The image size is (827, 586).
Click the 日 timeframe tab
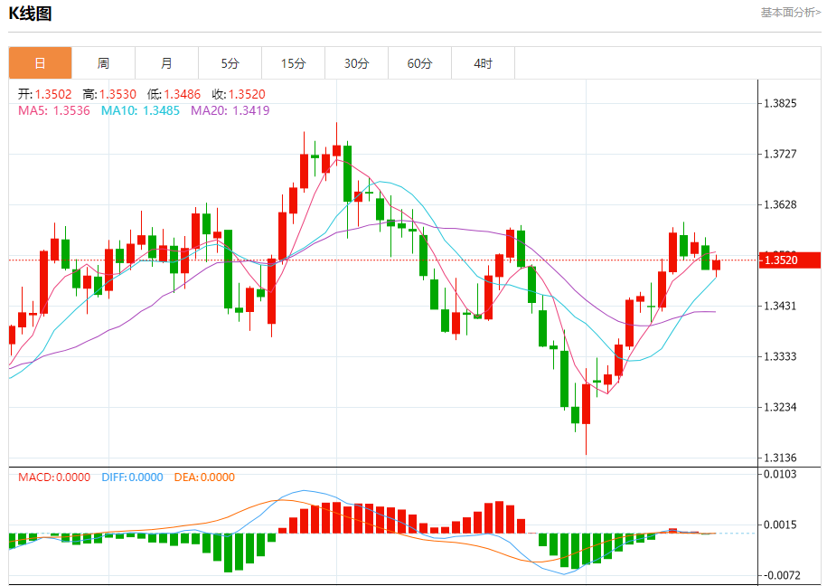tap(40, 63)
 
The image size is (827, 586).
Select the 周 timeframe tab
tap(103, 63)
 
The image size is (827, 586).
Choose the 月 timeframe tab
tap(166, 63)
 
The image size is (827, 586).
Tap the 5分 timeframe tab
tap(230, 63)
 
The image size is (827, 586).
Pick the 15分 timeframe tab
tap(293, 63)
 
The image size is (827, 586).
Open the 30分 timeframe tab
tap(356, 63)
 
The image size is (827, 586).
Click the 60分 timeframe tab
tap(419, 63)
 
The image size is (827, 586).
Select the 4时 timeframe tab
tap(483, 63)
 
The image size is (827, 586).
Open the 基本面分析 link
tap(790, 13)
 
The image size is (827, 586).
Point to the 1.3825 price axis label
tap(780, 104)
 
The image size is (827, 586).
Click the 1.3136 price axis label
tap(780, 458)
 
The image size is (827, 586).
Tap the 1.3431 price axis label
tap(780, 306)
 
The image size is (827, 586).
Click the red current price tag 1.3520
tap(780, 260)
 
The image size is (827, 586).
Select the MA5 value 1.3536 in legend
tap(72, 110)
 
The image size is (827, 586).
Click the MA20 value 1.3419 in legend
tap(251, 110)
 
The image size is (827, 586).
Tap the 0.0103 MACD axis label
tap(780, 474)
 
